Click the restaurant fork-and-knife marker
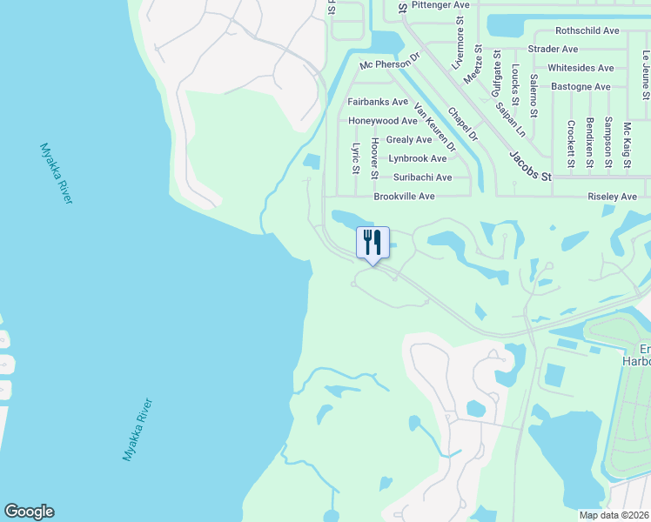click(372, 243)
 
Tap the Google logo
click(29, 512)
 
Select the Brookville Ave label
click(404, 197)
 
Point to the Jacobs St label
click(531, 166)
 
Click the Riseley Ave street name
click(613, 197)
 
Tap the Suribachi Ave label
click(419, 177)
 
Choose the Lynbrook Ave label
click(417, 158)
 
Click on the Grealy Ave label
click(408, 139)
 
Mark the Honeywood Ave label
click(383, 120)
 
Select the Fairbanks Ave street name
click(378, 102)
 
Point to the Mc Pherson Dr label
click(390, 65)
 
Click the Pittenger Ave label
click(440, 5)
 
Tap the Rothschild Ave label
click(587, 30)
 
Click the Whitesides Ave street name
click(581, 68)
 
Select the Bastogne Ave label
click(579, 87)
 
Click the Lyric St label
click(355, 158)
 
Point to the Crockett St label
click(571, 143)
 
